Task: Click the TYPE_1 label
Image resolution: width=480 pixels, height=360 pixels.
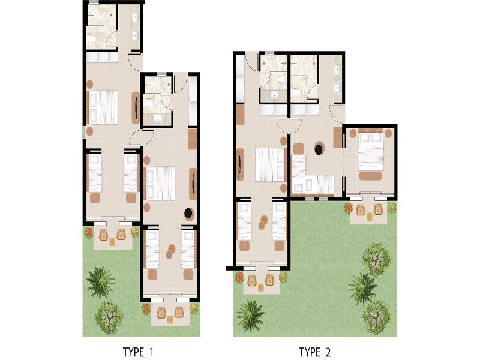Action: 138,352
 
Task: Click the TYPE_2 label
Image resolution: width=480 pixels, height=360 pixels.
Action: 314,352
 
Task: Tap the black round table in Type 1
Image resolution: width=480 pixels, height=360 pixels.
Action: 189,213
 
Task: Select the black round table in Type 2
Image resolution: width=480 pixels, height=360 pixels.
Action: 320,148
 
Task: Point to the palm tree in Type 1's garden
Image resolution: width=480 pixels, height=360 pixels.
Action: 100,282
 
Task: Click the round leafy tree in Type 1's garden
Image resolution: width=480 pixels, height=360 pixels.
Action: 109,317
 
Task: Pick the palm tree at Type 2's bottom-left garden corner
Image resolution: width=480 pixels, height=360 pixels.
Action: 250,316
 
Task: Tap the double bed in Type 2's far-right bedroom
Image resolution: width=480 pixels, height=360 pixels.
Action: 371,152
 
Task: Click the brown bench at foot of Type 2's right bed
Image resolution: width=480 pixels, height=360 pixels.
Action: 370,176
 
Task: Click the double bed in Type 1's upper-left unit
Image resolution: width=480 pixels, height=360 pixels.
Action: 103,107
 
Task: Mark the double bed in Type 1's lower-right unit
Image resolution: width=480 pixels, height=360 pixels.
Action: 160,184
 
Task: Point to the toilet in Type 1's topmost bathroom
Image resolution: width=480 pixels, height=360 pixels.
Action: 91,38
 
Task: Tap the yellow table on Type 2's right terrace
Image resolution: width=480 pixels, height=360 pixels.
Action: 370,217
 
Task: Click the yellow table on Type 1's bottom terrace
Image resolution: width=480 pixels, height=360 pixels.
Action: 170,319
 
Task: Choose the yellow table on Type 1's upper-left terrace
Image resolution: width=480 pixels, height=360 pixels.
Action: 113,242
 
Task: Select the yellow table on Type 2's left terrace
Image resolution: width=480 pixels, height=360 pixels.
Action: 261,287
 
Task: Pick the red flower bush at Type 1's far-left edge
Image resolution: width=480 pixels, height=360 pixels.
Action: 88,233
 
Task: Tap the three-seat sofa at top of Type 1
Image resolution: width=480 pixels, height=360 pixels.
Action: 102,57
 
